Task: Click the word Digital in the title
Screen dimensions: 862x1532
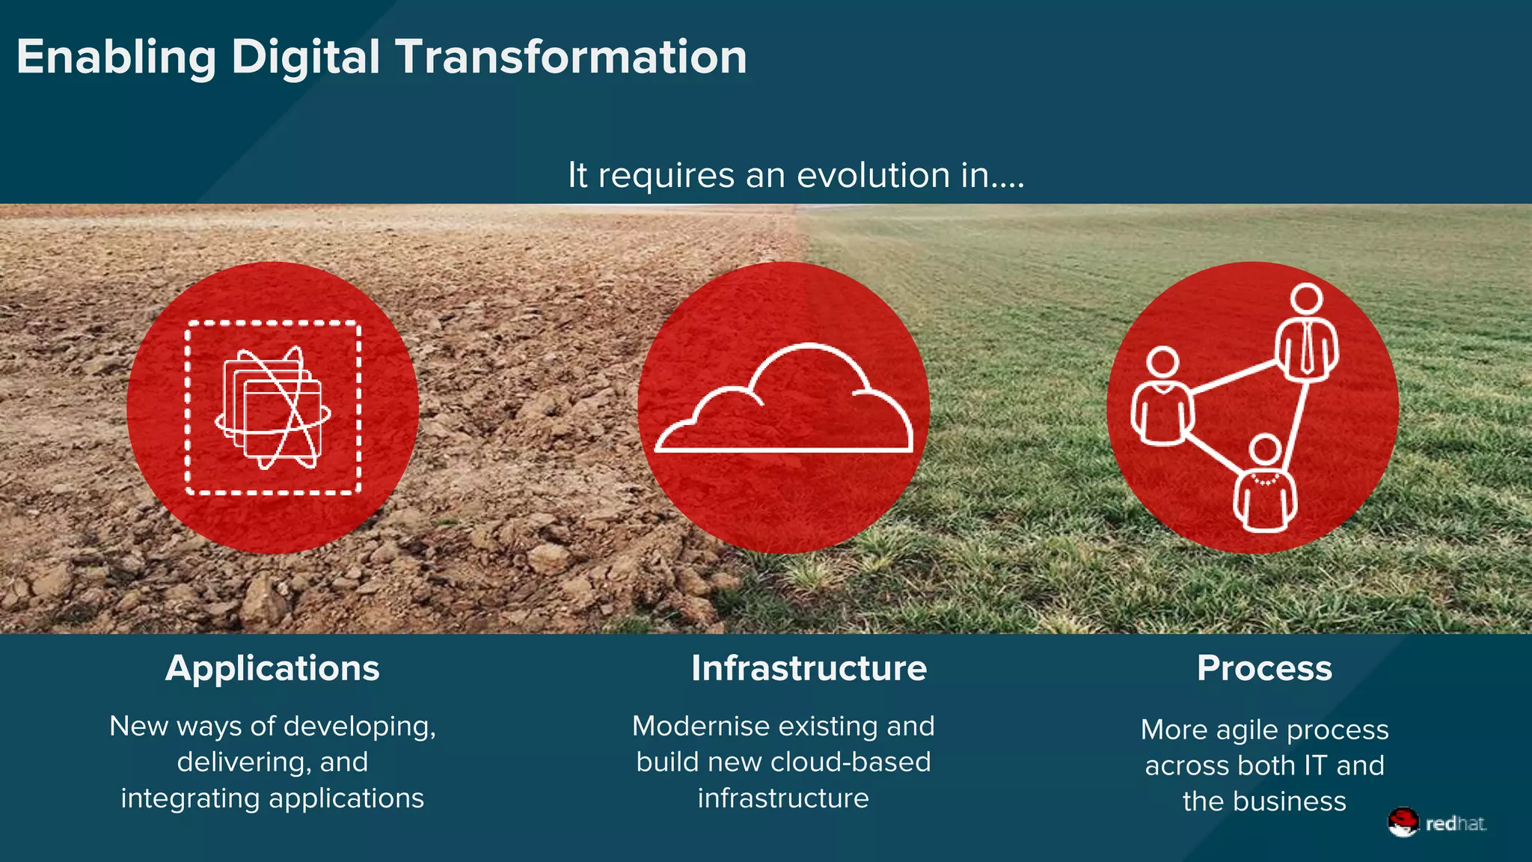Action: pos(305,58)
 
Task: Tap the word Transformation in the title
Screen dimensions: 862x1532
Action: pos(571,58)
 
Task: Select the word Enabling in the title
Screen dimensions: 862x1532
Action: pos(116,58)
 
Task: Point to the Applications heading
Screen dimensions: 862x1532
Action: pos(272,668)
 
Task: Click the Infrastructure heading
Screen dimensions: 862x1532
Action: pos(809,668)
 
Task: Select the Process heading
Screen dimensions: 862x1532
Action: pos(1264,668)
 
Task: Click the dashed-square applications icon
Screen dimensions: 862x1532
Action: pos(273,408)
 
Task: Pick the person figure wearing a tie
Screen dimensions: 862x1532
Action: pos(1306,333)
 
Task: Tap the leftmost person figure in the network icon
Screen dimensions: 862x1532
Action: pos(1162,397)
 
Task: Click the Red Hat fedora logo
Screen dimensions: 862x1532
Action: pos(1403,822)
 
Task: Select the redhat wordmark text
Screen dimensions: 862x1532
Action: pos(1455,824)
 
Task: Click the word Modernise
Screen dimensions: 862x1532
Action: pos(701,726)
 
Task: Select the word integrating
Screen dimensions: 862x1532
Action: pos(191,798)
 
